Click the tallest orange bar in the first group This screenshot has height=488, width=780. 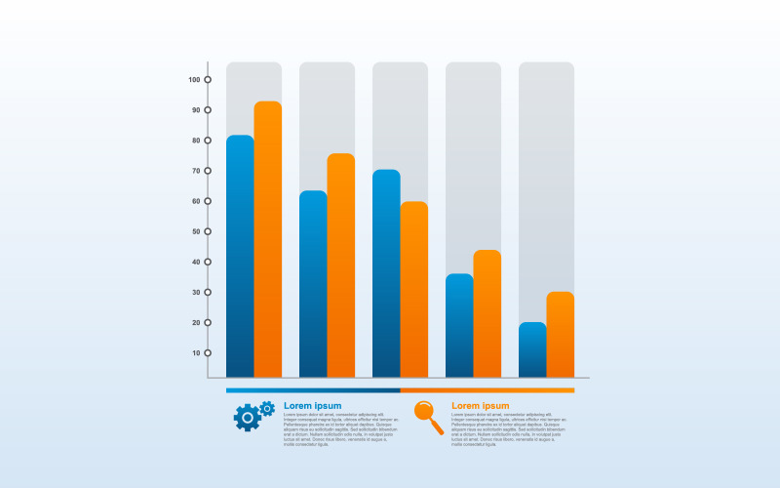click(x=268, y=239)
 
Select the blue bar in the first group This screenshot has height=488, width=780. click(x=240, y=256)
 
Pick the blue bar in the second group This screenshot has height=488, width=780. click(x=313, y=283)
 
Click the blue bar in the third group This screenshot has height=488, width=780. click(x=386, y=273)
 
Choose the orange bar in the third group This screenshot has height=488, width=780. click(x=414, y=289)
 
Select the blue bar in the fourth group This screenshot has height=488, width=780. click(x=459, y=325)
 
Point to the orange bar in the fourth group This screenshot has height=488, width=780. click(x=487, y=313)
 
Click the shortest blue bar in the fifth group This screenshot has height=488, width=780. click(x=532, y=349)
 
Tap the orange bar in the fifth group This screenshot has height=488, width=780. click(x=561, y=334)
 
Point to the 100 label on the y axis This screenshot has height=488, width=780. click(x=193, y=80)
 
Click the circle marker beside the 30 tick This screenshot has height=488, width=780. click(x=208, y=292)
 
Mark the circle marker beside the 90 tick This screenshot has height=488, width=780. click(x=208, y=110)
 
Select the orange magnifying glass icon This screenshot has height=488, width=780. click(x=428, y=417)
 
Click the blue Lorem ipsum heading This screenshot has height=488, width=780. click(x=312, y=405)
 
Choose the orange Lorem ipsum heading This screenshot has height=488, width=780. click(x=480, y=405)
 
